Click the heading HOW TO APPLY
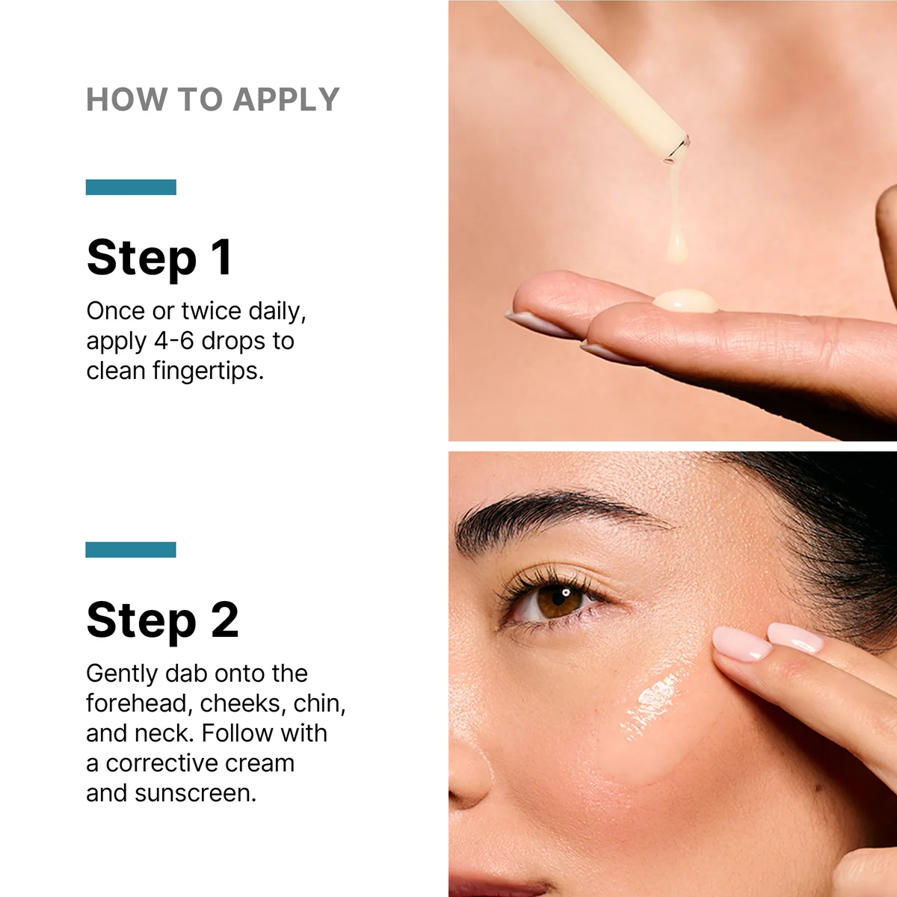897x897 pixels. click(x=213, y=99)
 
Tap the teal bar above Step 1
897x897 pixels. click(x=131, y=187)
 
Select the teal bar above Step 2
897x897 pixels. click(x=131, y=549)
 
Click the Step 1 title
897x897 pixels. click(x=159, y=257)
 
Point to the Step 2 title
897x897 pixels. click(x=162, y=620)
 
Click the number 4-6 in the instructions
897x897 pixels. click(x=173, y=341)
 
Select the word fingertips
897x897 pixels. click(x=207, y=371)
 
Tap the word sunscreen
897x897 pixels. click(x=195, y=793)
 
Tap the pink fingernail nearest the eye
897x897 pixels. click(x=740, y=643)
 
